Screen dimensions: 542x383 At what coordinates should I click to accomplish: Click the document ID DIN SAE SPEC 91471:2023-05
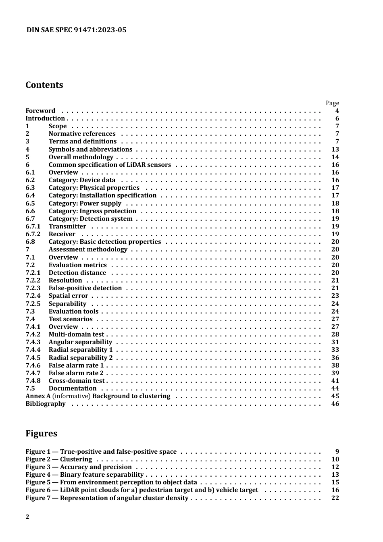click(76, 30)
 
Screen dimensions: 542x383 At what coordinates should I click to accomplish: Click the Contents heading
click(44, 85)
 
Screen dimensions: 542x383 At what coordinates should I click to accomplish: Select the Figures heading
click(41, 434)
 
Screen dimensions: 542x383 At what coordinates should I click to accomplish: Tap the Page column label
click(332, 103)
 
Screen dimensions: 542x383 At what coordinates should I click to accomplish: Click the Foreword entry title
click(40, 111)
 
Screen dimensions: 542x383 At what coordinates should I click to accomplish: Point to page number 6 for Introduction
click(337, 118)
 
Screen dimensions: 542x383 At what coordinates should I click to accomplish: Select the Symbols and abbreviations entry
click(90, 150)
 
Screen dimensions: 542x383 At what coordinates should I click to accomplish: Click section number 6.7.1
click(33, 226)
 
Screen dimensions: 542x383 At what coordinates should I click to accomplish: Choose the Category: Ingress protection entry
click(92, 211)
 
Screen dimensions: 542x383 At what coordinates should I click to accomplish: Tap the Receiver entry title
click(62, 234)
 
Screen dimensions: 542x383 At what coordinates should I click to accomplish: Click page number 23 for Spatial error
click(335, 296)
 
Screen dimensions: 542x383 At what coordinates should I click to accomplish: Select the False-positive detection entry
click(85, 288)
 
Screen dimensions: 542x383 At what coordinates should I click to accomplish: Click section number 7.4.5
click(33, 358)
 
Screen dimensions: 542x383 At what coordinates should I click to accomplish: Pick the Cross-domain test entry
click(76, 381)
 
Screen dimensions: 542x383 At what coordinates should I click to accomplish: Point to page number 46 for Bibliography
click(335, 404)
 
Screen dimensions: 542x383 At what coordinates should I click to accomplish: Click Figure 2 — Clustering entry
click(58, 459)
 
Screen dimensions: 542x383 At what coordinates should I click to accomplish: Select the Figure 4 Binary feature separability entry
click(84, 475)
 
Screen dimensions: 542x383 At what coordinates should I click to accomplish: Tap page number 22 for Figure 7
click(335, 498)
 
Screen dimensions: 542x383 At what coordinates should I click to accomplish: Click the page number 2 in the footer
click(27, 517)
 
